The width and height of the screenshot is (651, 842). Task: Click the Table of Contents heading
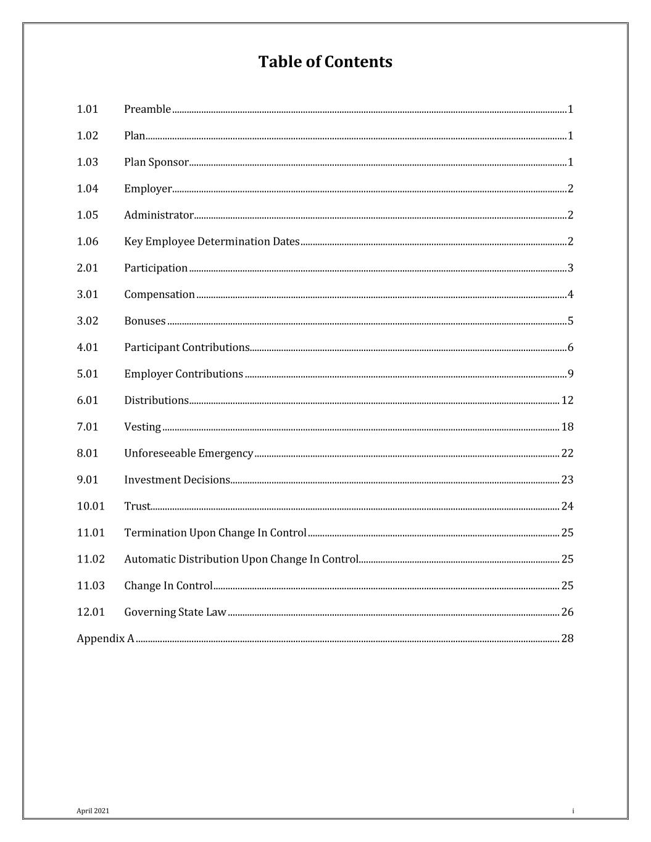tap(325, 62)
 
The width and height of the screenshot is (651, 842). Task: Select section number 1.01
tap(88, 109)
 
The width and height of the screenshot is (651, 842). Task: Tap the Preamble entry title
tap(147, 109)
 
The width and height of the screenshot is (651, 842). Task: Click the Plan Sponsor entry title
tap(156, 162)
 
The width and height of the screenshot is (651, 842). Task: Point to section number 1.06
tap(88, 241)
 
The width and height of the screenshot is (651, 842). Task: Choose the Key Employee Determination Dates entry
tap(212, 241)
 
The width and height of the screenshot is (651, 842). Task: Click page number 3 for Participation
tap(570, 268)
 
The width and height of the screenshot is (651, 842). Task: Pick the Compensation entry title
tap(159, 294)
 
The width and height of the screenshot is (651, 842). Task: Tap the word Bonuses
tap(145, 321)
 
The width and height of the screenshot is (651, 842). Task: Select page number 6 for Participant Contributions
tap(570, 347)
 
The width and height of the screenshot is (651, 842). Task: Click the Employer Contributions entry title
tap(183, 374)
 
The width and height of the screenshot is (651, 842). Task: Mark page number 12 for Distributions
tap(567, 400)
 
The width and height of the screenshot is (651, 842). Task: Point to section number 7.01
tap(88, 427)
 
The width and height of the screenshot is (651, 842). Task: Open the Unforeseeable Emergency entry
tap(188, 453)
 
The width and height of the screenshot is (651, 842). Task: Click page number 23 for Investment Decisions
tap(567, 480)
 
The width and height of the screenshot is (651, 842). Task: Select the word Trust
tap(137, 506)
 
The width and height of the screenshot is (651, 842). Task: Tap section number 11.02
tap(91, 559)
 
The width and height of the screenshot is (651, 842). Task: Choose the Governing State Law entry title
tap(175, 613)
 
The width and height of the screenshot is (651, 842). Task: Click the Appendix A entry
tap(106, 638)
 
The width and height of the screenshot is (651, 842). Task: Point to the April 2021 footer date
tap(93, 811)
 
